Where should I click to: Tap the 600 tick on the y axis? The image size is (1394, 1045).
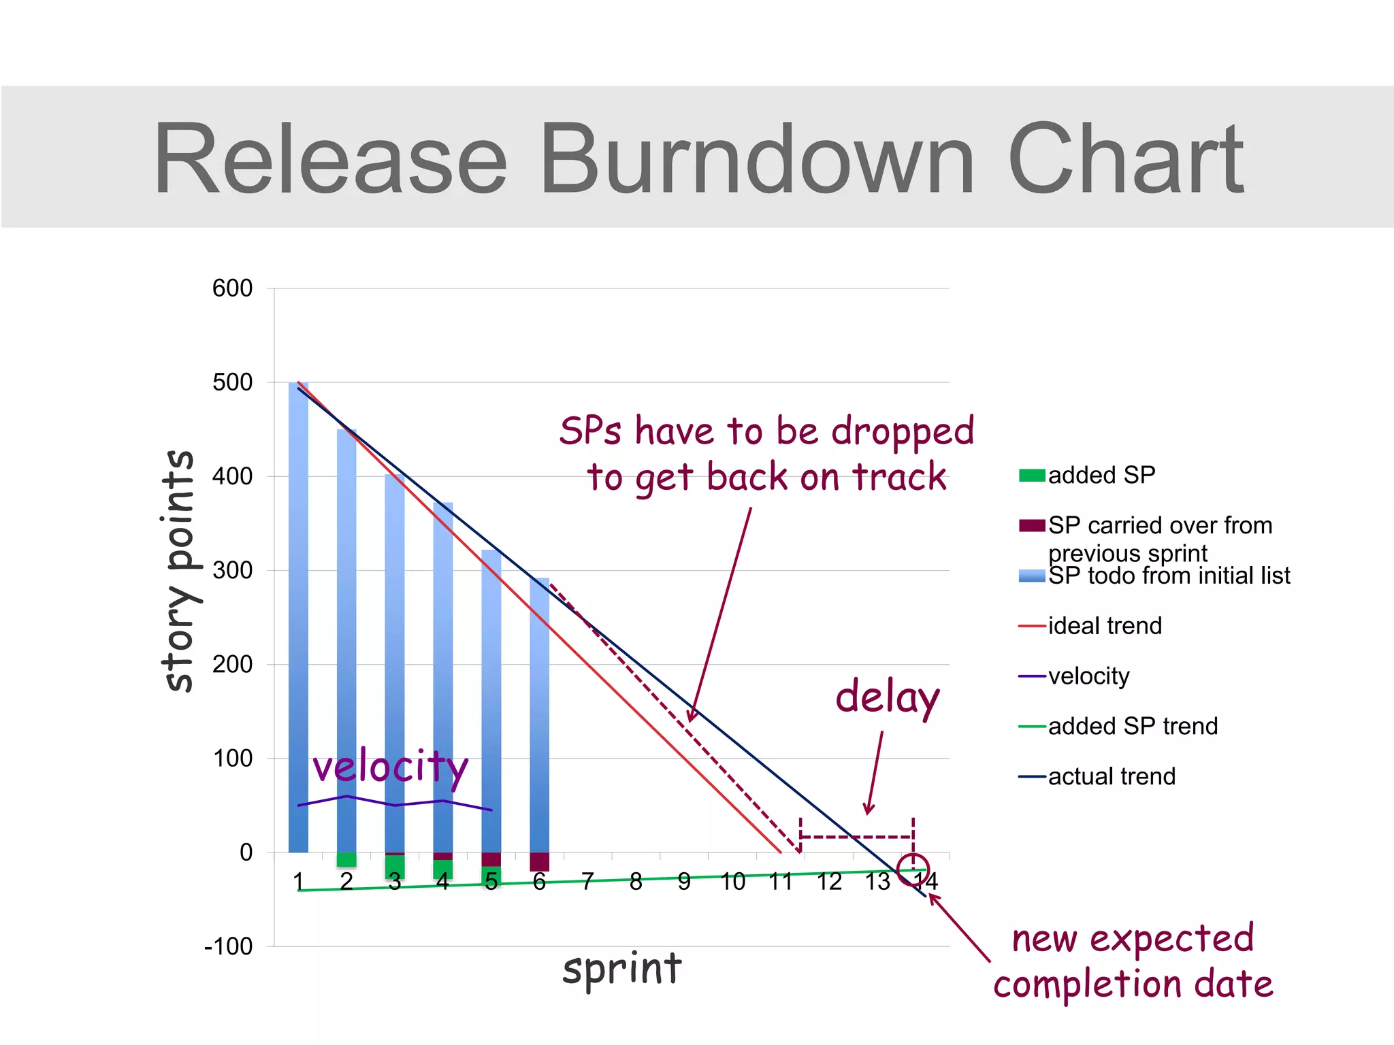click(232, 288)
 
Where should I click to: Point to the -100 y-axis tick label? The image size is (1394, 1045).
click(228, 946)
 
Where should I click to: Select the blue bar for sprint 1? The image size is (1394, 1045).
click(298, 612)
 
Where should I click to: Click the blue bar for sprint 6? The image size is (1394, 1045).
click(539, 714)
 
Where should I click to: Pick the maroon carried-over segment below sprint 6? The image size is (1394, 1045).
click(539, 861)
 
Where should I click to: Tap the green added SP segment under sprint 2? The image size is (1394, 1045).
click(346, 859)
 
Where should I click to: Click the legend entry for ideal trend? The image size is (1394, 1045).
click(1104, 626)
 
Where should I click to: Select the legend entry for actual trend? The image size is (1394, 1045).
click(1111, 776)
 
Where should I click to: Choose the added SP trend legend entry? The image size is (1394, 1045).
click(1132, 726)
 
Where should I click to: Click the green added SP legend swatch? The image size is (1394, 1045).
click(1032, 475)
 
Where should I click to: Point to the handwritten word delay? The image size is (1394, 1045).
click(887, 698)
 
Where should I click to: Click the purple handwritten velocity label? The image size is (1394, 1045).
click(390, 767)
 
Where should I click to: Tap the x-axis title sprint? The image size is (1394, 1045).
click(621, 969)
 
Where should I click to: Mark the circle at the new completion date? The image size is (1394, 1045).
click(913, 869)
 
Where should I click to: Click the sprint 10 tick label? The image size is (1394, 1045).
click(732, 882)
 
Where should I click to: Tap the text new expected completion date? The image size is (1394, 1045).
click(1133, 961)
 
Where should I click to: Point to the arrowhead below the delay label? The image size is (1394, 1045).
click(868, 810)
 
